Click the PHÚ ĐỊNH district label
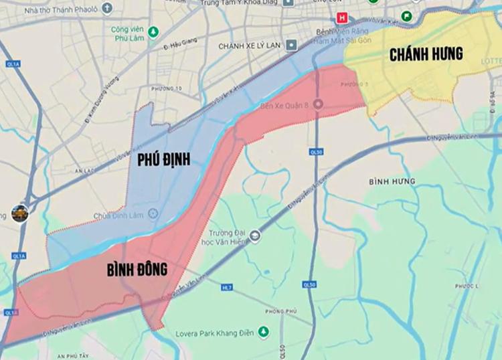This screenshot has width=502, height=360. (163, 159)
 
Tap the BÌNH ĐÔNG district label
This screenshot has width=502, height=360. (137, 270)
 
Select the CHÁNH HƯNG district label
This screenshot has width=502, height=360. (426, 55)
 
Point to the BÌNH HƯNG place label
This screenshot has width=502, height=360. (392, 181)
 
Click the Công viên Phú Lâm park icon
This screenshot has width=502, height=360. (153, 31)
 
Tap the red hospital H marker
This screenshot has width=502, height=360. (343, 17)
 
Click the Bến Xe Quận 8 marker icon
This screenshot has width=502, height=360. (318, 104)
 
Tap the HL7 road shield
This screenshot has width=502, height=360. (226, 287)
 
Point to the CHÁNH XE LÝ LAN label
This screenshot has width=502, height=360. (248, 46)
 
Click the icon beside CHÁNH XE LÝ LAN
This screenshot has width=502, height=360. (290, 46)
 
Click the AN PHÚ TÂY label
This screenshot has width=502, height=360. (75, 355)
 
